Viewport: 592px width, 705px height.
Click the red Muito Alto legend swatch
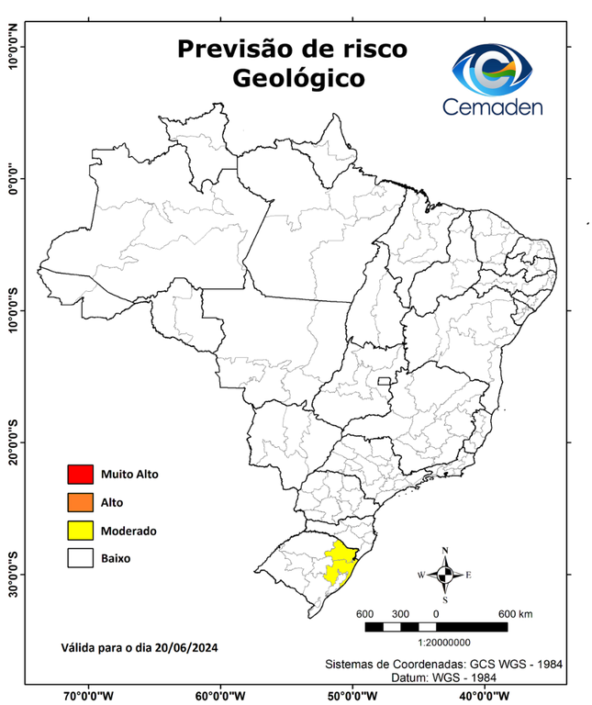tap(80, 475)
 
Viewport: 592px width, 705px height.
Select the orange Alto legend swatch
tap(80, 502)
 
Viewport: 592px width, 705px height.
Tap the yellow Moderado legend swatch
tap(80, 530)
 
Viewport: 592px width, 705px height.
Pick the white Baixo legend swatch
tap(80, 557)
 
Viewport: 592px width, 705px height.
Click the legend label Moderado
tap(129, 531)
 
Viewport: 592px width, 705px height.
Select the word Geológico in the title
tap(298, 79)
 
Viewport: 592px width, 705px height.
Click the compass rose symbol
tap(445, 575)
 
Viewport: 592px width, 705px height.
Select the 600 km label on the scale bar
tap(516, 613)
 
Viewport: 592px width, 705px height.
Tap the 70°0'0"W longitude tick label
tap(88, 695)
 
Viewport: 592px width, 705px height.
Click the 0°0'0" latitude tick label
tap(13, 178)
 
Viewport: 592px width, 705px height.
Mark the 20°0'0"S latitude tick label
tap(13, 442)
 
